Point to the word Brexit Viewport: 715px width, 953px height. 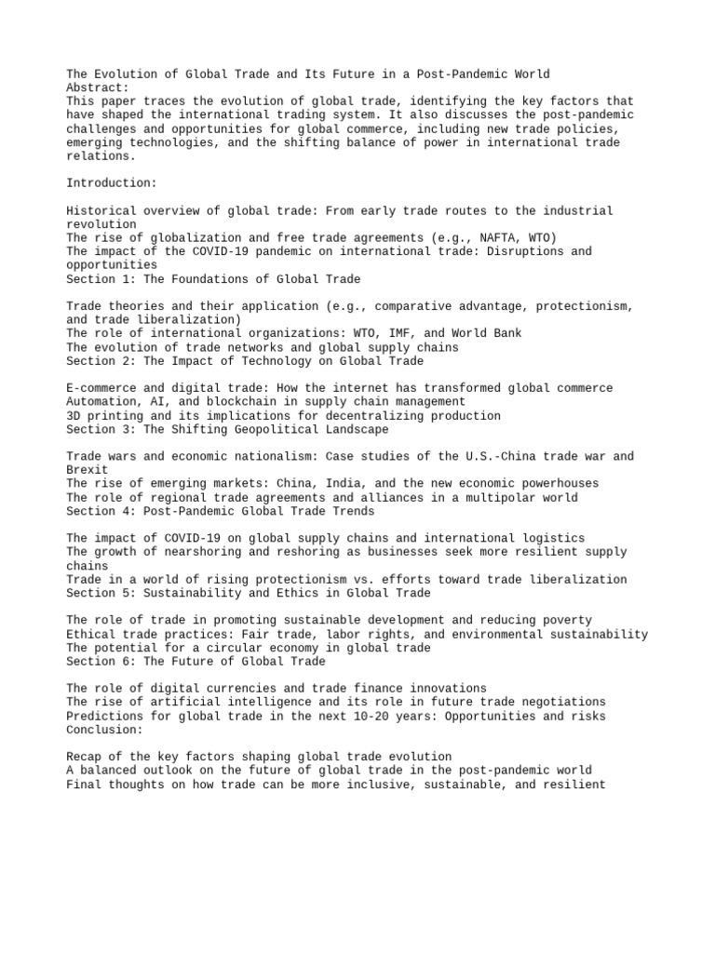88,470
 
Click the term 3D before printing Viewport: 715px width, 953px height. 74,416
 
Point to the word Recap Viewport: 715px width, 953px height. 84,757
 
